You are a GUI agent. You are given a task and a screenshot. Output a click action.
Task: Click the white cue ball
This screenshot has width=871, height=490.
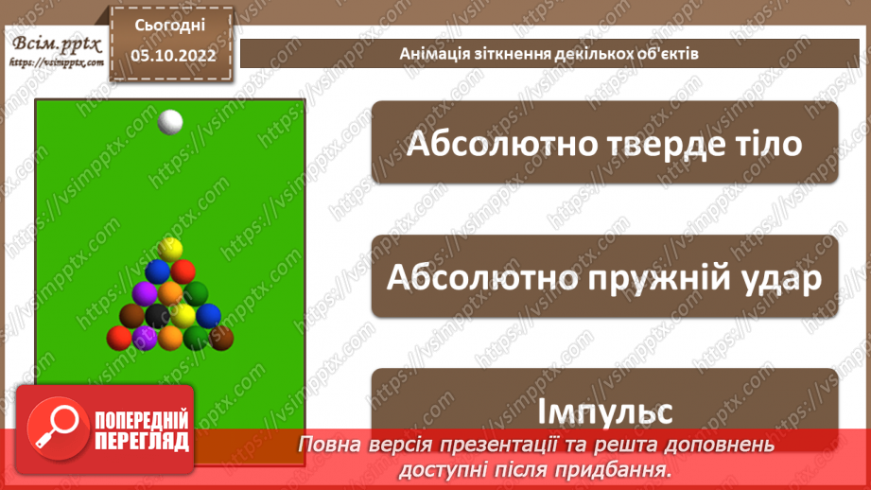coord(170,122)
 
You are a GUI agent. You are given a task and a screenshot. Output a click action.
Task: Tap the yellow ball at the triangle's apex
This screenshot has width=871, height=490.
coord(170,249)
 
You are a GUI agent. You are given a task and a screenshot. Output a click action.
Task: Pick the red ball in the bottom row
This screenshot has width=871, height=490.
coord(118,337)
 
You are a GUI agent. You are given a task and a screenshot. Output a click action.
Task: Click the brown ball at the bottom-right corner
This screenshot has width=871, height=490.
coord(221,337)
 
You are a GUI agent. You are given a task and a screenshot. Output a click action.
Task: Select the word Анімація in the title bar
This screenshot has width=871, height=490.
coord(430,53)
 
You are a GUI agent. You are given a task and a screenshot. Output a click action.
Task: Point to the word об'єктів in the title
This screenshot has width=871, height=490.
coord(668,53)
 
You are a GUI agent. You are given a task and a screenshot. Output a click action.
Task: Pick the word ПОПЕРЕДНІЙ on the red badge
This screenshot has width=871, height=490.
coord(142,421)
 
